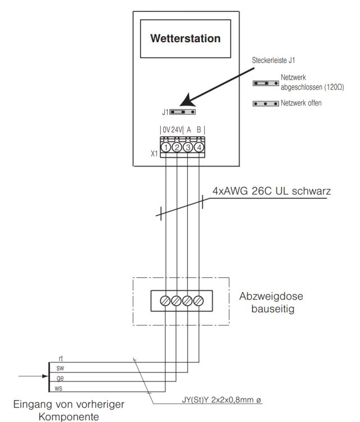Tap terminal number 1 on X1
166,147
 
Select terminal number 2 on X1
177,147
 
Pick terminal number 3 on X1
188,147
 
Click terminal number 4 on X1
199,147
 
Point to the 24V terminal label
177,129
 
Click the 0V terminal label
166,129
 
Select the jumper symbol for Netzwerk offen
266,104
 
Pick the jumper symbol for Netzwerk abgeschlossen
266,83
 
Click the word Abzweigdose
266,296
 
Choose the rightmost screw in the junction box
199,301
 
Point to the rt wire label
61,359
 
